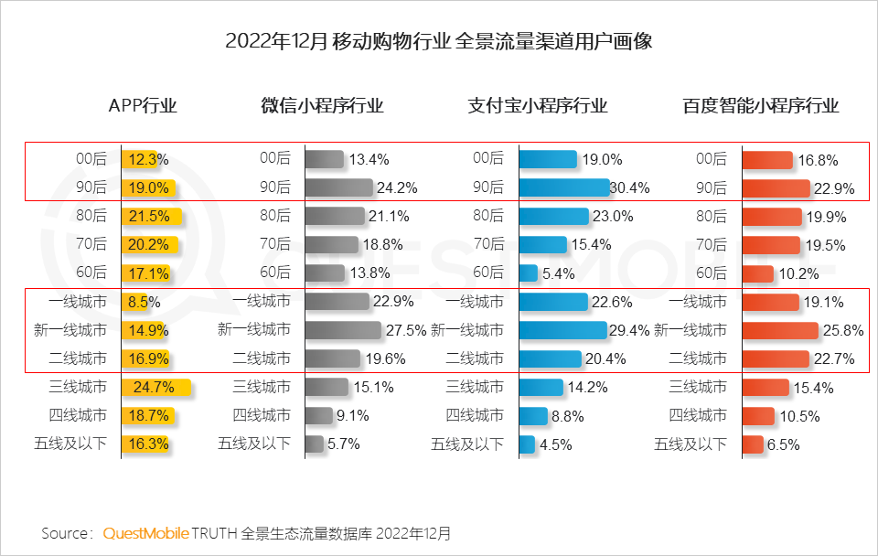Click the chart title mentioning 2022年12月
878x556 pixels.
(438, 41)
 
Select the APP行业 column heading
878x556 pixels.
(143, 105)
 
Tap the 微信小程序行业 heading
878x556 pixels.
(322, 105)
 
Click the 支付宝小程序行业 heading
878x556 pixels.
(537, 105)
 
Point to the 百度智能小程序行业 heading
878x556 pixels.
(760, 105)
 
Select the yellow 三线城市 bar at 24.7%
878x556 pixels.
(155, 387)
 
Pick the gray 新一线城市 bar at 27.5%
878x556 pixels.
(342, 329)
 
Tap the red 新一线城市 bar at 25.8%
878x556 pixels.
(779, 329)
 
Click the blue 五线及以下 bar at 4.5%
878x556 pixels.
(526, 444)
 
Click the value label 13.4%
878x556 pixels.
(370, 159)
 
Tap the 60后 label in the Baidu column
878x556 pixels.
(712, 273)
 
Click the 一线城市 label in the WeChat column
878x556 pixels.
(262, 302)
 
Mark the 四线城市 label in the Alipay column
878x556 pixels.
(475, 415)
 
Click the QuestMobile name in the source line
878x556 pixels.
(145, 532)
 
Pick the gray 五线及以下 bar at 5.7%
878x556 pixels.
(314, 444)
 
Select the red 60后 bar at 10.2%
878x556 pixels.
(757, 273)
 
